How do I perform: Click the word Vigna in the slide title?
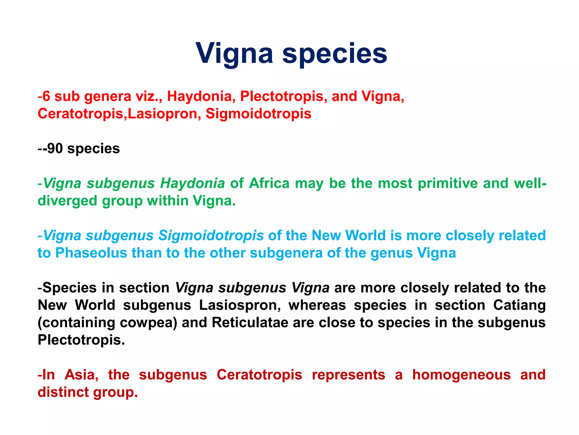234,54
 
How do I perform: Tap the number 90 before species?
55,148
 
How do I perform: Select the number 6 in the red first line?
46,96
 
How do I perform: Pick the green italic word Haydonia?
192,183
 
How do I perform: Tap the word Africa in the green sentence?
269,183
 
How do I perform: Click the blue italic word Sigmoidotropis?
211,235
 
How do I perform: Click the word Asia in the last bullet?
81,375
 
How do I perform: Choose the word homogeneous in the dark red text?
461,375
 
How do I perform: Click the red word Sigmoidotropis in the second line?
258,114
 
